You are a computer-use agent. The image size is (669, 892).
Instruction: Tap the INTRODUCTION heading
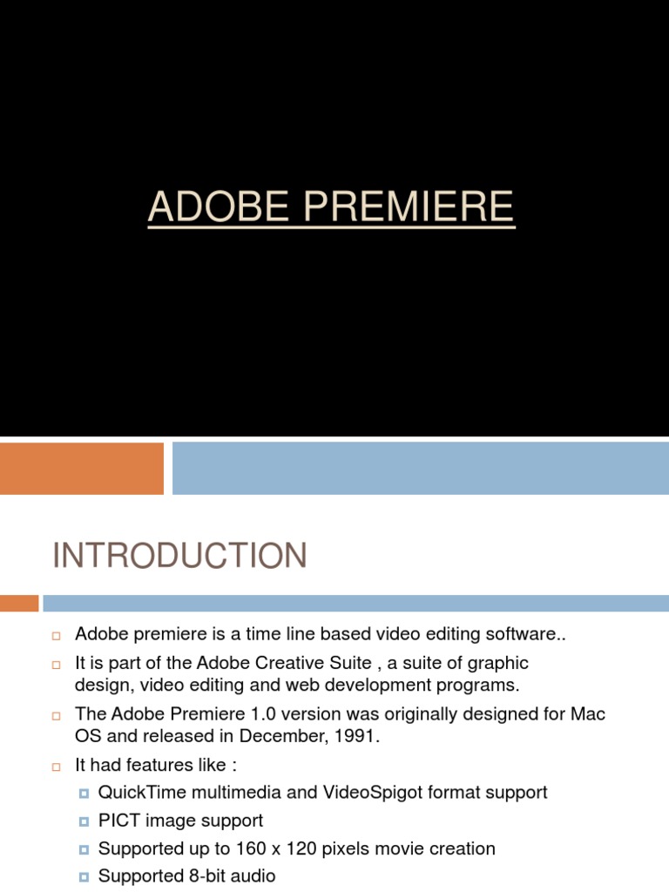click(179, 556)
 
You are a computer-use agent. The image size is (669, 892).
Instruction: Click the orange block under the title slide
click(82, 469)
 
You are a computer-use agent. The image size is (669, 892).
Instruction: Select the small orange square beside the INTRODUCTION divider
click(19, 603)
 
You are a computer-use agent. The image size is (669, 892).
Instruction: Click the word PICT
click(118, 821)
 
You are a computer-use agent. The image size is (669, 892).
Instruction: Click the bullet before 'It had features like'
click(56, 767)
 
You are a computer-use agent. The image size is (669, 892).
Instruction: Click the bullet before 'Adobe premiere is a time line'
click(56, 635)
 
